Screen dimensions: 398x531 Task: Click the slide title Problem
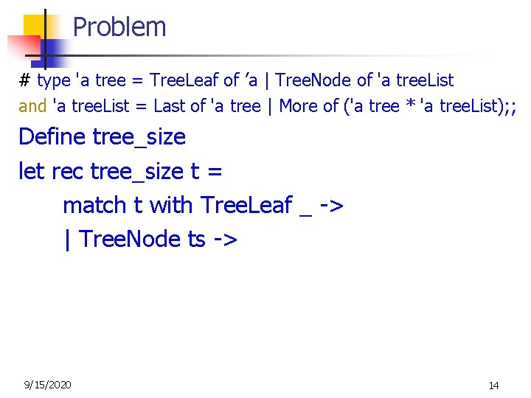(x=119, y=27)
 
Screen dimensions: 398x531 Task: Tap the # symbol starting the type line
(x=24, y=80)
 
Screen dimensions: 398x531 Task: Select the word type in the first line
(x=54, y=80)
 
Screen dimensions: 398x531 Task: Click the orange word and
(x=32, y=106)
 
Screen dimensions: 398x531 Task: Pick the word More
(x=299, y=106)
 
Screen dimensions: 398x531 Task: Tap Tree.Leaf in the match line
(x=246, y=205)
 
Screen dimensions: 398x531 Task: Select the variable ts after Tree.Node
(x=196, y=239)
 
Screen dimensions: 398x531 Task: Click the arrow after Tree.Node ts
(x=225, y=239)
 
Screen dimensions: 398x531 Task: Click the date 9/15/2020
(x=48, y=384)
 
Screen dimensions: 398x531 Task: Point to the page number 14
(x=494, y=385)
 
